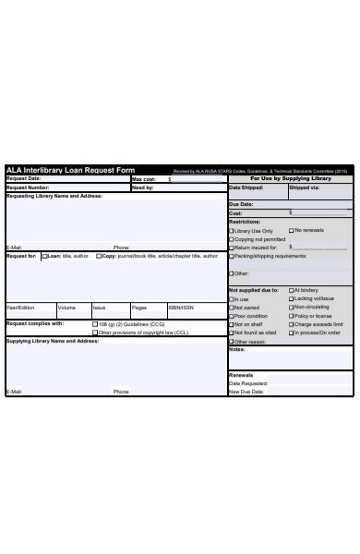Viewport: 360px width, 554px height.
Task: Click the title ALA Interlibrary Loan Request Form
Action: coord(70,170)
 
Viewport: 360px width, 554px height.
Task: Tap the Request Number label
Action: coord(28,187)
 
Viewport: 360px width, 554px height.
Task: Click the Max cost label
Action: coord(143,179)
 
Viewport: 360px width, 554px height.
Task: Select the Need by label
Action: coord(142,187)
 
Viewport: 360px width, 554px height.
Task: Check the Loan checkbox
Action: coord(43,256)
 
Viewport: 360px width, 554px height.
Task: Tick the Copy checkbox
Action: coord(97,256)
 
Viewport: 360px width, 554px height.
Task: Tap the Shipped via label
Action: coord(304,187)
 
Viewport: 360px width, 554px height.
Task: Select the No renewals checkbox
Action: coord(292,231)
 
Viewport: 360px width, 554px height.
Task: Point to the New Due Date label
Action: coord(246,391)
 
